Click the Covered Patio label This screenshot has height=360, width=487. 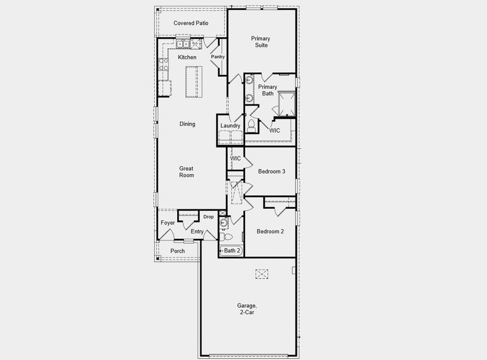pos(190,23)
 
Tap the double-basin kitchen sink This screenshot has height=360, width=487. pos(183,44)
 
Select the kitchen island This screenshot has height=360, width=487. pos(192,81)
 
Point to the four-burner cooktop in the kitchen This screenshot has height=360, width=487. pos(163,65)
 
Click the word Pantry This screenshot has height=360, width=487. pos(217,57)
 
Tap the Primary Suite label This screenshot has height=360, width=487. pos(261,42)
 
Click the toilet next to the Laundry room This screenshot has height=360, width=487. pos(251,125)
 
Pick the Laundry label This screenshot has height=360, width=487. pos(230,125)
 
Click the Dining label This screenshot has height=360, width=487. pos(187,124)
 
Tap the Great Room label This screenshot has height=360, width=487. pos(186,172)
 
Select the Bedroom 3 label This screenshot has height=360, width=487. pos(271,172)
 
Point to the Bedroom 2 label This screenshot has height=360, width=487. pos(270,232)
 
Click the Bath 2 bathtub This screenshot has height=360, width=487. pos(231,251)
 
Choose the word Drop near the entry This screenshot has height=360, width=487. pos(208,217)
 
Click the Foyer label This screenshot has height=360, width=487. pos(168,223)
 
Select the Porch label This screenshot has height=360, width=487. pos(177,251)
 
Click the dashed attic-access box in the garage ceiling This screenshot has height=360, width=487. pos(262,274)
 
